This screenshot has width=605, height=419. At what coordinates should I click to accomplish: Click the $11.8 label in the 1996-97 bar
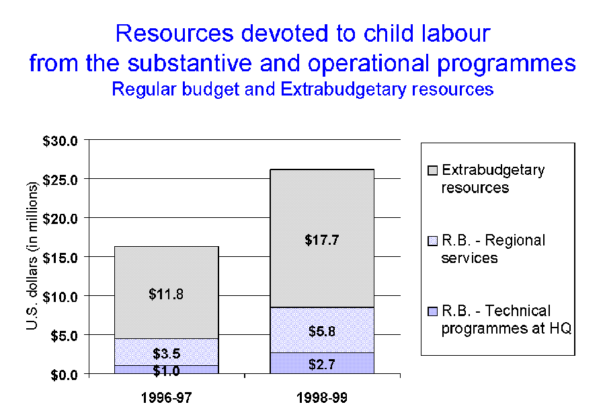[x=166, y=294]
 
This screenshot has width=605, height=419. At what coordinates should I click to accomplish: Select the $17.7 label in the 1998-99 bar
[x=322, y=239]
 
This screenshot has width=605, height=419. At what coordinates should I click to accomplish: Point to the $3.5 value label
[x=166, y=354]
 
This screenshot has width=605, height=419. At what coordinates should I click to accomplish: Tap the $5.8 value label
[x=322, y=331]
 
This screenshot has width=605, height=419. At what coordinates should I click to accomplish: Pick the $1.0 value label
[x=166, y=369]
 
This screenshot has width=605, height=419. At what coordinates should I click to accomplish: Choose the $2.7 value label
[x=322, y=364]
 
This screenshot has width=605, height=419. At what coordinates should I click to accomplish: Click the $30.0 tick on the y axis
[x=63, y=141]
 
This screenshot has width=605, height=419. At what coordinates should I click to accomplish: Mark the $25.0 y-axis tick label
[x=63, y=180]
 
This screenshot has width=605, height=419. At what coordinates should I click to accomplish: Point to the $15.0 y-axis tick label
[x=63, y=257]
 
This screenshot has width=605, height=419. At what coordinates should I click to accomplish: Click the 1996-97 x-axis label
[x=166, y=398]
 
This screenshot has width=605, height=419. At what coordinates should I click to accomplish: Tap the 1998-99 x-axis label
[x=322, y=398]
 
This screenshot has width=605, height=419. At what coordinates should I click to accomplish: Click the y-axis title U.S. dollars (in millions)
[x=32, y=256]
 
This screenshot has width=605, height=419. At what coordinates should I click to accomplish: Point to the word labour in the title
[x=448, y=33]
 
